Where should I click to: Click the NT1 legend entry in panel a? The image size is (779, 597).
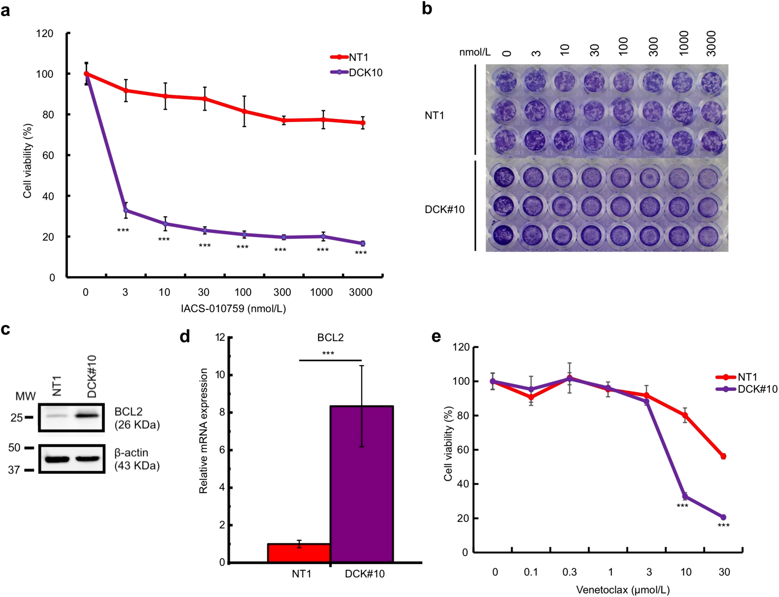[358, 57]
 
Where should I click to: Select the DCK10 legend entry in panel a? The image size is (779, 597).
[365, 73]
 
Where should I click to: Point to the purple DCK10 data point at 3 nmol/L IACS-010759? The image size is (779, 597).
[126, 210]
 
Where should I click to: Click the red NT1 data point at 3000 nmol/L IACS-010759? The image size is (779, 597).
[362, 123]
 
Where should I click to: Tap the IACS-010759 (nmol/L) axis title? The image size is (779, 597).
[233, 308]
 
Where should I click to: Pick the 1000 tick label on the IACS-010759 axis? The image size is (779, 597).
[321, 292]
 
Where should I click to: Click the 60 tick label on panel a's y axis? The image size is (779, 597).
[48, 155]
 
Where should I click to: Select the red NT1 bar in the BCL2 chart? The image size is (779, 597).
[299, 553]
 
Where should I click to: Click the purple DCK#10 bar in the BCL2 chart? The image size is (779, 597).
[361, 483]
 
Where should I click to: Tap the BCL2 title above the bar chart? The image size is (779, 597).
[330, 338]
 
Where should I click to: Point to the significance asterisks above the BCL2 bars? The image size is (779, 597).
[328, 353]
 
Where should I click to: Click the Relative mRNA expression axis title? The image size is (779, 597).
[204, 431]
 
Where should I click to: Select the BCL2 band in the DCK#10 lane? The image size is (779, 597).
[87, 415]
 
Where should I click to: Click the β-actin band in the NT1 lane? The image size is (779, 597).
[57, 459]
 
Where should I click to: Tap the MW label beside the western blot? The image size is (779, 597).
[25, 396]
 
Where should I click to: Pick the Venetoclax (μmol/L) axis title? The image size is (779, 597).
[622, 590]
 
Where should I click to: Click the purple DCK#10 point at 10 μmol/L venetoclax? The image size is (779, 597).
[685, 496]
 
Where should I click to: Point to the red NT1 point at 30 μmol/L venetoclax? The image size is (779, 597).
[723, 456]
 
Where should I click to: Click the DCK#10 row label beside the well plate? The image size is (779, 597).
[444, 209]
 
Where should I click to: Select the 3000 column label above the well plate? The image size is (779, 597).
[711, 43]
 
